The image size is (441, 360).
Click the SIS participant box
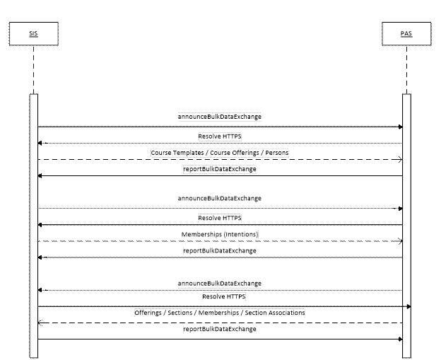tap(33, 33)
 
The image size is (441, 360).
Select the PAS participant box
tap(406, 33)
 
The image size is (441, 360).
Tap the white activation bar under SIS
tap(33, 226)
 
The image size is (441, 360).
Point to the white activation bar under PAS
tap(406, 226)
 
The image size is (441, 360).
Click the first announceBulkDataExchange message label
tap(220, 116)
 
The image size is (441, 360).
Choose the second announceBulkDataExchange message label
tap(220, 198)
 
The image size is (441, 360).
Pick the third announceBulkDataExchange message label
tap(220, 283)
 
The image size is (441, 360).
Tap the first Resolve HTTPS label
tap(220, 135)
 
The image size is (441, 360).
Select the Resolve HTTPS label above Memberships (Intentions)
tap(220, 218)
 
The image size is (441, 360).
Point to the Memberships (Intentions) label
tap(220, 234)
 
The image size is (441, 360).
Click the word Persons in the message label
tap(275, 152)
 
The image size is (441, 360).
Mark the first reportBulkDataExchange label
tap(220, 170)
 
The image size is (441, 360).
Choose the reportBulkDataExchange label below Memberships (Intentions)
tap(220, 250)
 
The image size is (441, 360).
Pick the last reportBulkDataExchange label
tap(220, 329)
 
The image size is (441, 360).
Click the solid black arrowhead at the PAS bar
tap(407, 306)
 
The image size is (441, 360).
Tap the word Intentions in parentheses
tap(240, 234)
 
